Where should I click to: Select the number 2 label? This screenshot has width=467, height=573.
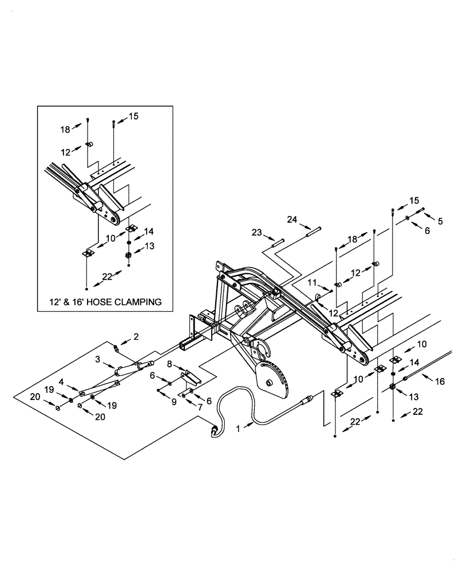(136, 336)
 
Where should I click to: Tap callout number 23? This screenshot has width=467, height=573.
(256, 232)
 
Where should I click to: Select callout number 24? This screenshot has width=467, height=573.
(292, 219)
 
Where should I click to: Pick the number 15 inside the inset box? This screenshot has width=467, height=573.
(133, 116)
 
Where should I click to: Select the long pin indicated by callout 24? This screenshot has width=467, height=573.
(315, 230)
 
